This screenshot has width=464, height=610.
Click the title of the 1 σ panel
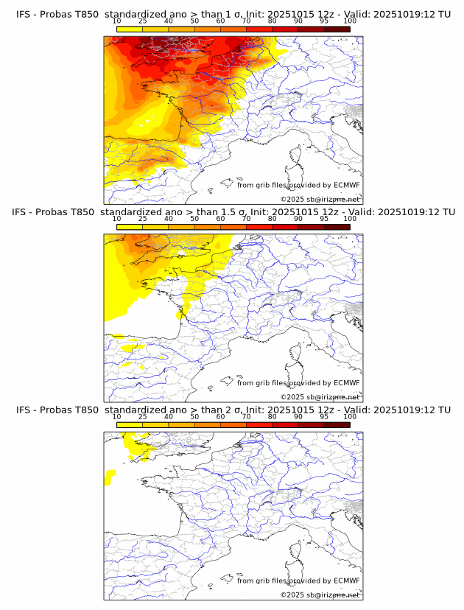point(233,14)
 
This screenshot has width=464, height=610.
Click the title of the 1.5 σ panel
point(233,212)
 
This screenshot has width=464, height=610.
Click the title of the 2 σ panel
point(233,410)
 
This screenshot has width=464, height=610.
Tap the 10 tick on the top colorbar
point(116,21)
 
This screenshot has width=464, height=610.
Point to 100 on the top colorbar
point(350,21)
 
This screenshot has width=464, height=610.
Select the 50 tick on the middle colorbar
point(194,219)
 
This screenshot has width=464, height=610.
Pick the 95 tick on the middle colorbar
point(324,219)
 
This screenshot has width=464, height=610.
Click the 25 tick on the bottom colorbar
point(142,416)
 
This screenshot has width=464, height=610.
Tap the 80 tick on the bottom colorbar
point(273,416)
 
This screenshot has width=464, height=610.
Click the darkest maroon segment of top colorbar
point(337,29)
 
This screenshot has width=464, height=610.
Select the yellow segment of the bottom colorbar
point(129,424)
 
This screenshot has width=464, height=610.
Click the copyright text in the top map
point(320,200)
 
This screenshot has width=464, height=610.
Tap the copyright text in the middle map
point(320,397)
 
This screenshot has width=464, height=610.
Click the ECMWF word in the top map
point(346,186)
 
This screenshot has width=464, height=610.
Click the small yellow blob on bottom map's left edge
point(110,478)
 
